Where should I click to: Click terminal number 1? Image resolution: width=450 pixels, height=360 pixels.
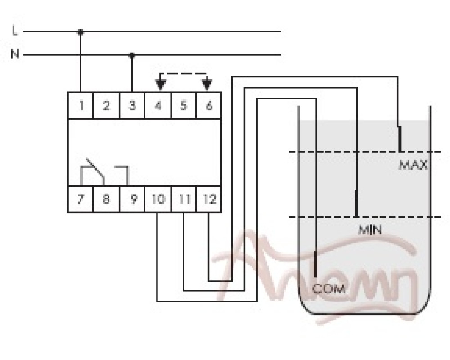click(x=81, y=106)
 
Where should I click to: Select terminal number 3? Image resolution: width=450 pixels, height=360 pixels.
click(x=132, y=106)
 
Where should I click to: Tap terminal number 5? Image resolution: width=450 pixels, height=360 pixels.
click(x=183, y=106)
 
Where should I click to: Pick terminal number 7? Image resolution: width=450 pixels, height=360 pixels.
click(x=81, y=199)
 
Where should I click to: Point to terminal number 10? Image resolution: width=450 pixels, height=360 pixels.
click(x=157, y=199)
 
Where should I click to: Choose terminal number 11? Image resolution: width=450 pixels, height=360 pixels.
click(x=183, y=199)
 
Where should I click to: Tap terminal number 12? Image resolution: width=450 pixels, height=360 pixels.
click(x=209, y=199)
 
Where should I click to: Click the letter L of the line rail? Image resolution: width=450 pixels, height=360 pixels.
click(x=15, y=31)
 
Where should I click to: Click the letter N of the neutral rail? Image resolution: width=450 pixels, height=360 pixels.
click(x=15, y=55)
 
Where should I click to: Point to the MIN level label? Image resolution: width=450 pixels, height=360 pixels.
click(x=370, y=230)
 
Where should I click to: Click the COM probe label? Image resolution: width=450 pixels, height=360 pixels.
click(x=329, y=288)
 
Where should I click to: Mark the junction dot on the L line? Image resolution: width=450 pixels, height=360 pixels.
click(x=81, y=32)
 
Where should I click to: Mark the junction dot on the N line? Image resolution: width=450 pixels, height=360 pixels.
click(x=132, y=55)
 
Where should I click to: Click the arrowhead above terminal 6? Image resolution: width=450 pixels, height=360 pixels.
click(x=207, y=84)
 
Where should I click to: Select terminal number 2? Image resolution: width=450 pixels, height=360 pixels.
click(x=106, y=106)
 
